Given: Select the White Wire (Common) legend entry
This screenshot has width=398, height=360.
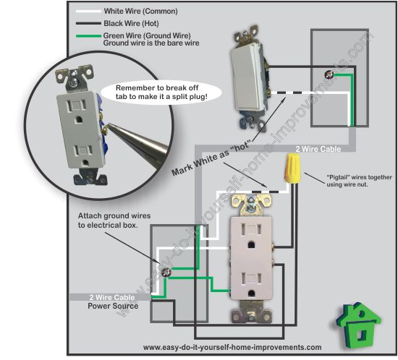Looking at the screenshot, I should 135,11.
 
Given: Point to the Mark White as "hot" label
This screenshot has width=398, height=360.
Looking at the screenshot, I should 214,152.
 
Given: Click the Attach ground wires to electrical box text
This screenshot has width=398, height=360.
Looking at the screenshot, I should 112,221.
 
